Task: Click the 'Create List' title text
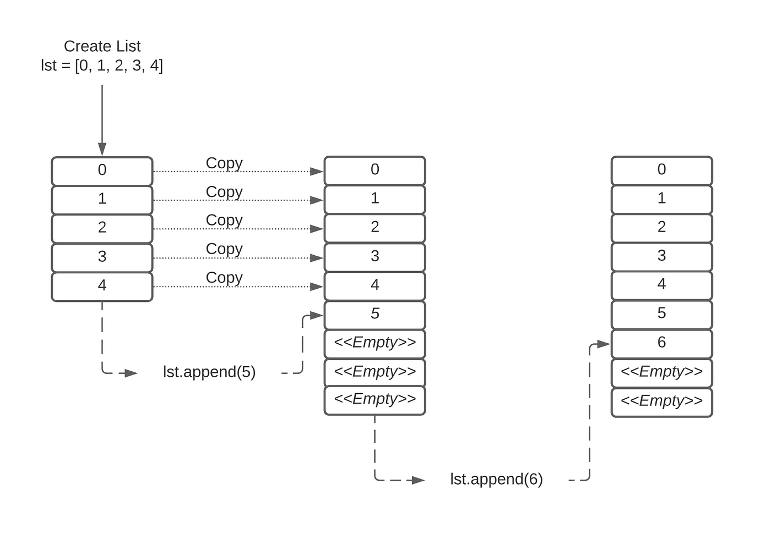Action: tap(102, 46)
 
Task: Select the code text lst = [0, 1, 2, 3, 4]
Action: tap(102, 65)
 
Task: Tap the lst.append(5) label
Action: tap(209, 372)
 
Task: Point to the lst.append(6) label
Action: tap(496, 479)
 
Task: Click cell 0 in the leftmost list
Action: tap(102, 170)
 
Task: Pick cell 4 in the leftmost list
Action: tap(102, 286)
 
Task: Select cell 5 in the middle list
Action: tap(374, 314)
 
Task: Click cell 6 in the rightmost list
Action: tap(661, 343)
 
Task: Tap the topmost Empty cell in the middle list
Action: tap(374, 343)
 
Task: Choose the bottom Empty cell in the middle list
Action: tap(374, 400)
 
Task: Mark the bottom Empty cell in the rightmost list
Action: tap(661, 402)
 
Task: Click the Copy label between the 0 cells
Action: tap(224, 163)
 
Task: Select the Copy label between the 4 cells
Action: tap(224, 278)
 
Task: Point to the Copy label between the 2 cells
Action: tap(224, 220)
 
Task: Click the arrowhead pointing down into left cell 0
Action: tap(102, 149)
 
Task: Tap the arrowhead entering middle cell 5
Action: tap(316, 315)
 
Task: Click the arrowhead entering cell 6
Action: tap(604, 344)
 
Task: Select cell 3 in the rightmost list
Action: tap(661, 256)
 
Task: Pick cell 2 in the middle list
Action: tap(374, 227)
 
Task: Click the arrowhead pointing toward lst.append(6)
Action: tap(418, 480)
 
